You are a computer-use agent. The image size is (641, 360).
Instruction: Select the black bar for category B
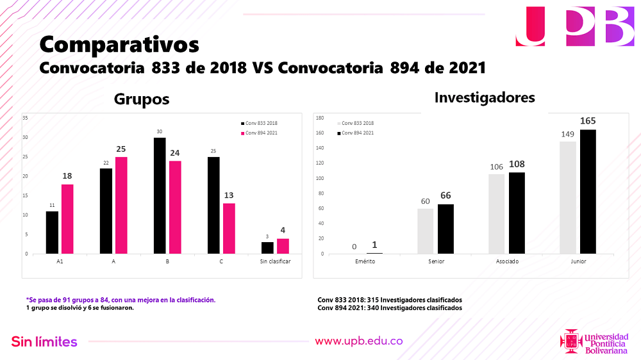pyautogui.click(x=160, y=195)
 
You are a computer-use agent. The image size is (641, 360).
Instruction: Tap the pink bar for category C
pyautogui.click(x=228, y=229)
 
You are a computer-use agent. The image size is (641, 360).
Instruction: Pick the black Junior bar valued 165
pyautogui.click(x=588, y=192)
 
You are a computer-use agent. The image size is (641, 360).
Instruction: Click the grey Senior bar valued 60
pyautogui.click(x=426, y=231)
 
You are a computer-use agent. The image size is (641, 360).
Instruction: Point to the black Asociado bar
pyautogui.click(x=517, y=213)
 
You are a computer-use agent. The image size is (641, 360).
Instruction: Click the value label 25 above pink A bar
pyautogui.click(x=121, y=149)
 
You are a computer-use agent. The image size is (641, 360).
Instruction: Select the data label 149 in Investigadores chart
pyautogui.click(x=568, y=135)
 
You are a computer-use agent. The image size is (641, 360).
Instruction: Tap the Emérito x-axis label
pyautogui.click(x=365, y=262)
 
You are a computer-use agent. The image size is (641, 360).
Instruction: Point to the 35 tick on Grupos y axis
pyautogui.click(x=25, y=118)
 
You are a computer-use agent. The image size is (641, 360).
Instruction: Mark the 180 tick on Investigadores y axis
pyautogui.click(x=320, y=118)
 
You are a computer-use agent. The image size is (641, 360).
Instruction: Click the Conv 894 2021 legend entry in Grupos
pyautogui.click(x=259, y=133)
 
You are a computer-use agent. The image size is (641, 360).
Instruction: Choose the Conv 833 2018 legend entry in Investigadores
pyautogui.click(x=355, y=123)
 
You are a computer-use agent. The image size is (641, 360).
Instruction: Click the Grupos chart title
pyautogui.click(x=142, y=99)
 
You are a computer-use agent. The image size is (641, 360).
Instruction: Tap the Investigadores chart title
pyautogui.click(x=485, y=97)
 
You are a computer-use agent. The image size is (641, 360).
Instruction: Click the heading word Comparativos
pyautogui.click(x=119, y=44)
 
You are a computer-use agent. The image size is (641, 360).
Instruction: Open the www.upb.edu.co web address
pyautogui.click(x=358, y=341)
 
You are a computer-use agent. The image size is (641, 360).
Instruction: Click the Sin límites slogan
pyautogui.click(x=44, y=341)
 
